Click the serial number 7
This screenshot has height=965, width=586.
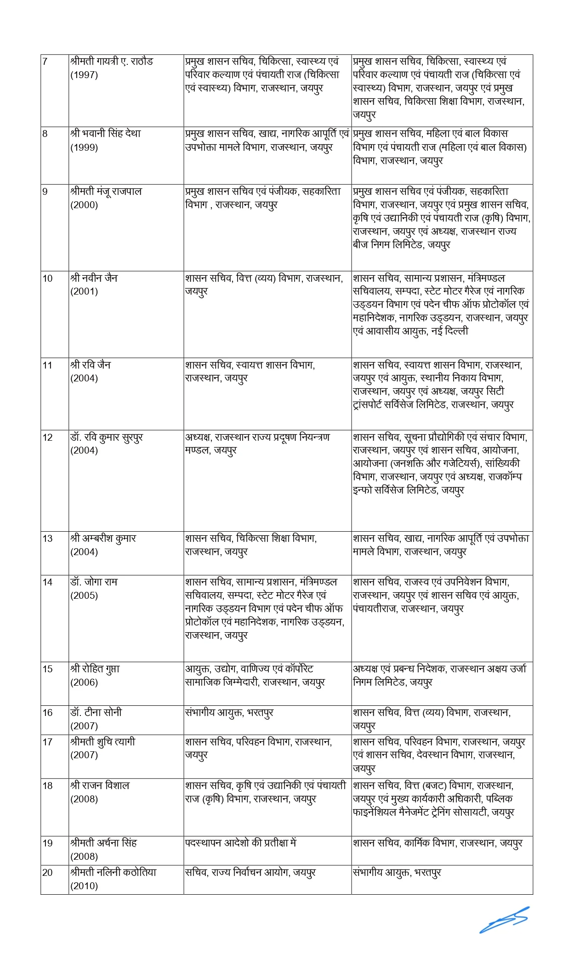point(45,61)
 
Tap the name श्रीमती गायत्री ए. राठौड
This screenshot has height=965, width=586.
point(112,61)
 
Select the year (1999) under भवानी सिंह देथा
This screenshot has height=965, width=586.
point(84,148)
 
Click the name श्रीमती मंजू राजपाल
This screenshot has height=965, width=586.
point(106,191)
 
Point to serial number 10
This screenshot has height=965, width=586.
point(47,278)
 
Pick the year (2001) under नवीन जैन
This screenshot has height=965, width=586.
point(84,291)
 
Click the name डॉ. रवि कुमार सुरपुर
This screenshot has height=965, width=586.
point(107,437)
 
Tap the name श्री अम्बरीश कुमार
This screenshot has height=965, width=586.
point(103,538)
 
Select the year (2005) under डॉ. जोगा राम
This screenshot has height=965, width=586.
point(84,596)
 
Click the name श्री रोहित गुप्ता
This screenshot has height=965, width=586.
point(95,669)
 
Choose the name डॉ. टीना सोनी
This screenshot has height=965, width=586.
point(96,713)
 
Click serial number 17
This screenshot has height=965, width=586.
point(47,742)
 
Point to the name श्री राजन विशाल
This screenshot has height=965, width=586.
point(100,785)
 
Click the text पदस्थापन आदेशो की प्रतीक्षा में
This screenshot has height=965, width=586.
point(241,843)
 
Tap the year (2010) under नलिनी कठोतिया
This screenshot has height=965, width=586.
point(84,886)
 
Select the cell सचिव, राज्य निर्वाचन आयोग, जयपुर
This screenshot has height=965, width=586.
point(250,872)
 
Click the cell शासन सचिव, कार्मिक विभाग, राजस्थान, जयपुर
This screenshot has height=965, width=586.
point(438,843)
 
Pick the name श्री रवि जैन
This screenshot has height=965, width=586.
point(91,365)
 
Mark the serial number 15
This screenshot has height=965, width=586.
point(47,669)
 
